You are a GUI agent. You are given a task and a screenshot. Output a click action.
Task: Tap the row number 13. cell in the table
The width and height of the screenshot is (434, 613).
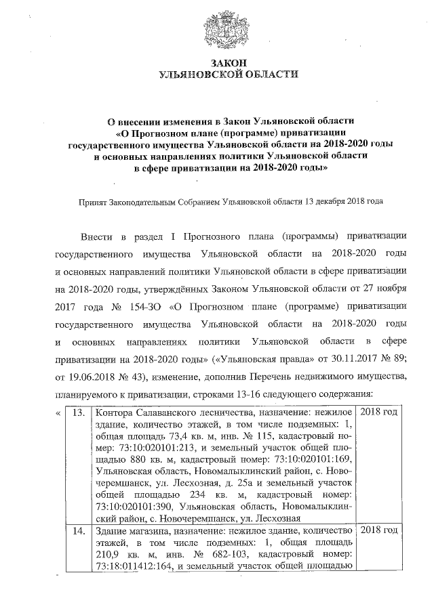(x=79, y=412)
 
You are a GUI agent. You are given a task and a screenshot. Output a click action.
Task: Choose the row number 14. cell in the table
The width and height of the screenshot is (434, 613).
(x=79, y=530)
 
